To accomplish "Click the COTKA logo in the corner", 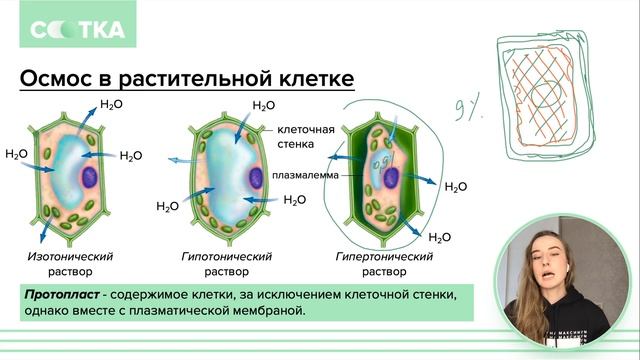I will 76,30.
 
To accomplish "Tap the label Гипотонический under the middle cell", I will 226,256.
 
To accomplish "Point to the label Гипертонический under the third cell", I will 384,256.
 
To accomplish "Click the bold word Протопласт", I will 63,295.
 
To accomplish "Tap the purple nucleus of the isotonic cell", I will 89,179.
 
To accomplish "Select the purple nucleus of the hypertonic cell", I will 392,179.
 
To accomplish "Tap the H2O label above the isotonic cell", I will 111,104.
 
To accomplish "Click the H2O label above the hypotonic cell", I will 263,106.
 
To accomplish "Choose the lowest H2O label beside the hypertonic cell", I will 439,237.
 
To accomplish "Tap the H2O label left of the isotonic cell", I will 17,154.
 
